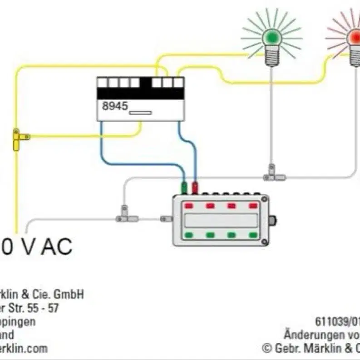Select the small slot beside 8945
[x=140, y=112]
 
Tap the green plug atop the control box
[x=184, y=187]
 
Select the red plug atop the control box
[x=195, y=187]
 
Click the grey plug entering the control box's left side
[x=166, y=219]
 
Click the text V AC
[x=44, y=248]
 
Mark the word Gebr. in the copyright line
[x=285, y=349]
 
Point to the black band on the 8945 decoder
[x=141, y=94]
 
